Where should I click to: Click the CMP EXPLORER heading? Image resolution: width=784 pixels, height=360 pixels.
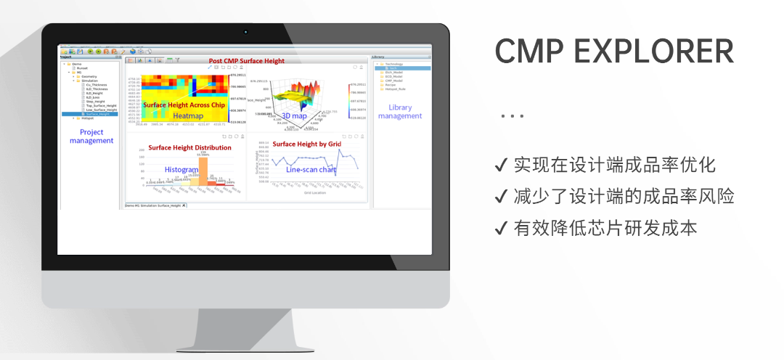614,52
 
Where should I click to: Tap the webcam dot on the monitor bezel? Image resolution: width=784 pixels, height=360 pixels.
246,32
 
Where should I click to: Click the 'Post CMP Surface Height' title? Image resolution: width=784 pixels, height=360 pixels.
246,61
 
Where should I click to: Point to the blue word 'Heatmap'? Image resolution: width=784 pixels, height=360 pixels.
187,115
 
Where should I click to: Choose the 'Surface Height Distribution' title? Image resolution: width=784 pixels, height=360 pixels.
189,147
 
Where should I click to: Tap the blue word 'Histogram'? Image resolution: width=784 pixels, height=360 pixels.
181,169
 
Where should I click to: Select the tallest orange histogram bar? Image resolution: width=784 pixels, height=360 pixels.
203,171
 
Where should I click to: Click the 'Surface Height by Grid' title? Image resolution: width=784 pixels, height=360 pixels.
306,144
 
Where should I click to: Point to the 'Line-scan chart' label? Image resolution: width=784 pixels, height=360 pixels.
311,169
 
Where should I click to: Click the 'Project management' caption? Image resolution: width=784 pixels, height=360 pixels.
91,136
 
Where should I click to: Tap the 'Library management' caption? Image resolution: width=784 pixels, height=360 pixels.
399,112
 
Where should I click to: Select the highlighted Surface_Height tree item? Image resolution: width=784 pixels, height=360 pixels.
97,114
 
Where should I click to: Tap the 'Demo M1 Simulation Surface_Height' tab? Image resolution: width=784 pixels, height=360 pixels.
154,205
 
